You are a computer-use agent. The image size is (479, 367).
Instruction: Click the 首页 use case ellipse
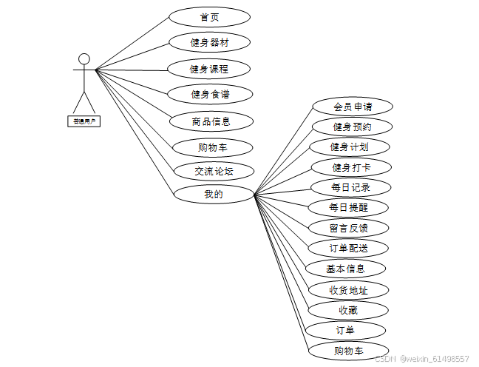coord(209,17)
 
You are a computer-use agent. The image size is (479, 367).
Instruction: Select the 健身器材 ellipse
coord(209,42)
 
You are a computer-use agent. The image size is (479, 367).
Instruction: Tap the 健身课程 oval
coord(209,69)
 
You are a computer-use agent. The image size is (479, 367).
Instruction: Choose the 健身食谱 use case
coord(210,94)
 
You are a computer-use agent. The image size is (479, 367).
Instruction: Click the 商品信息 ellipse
coord(211,121)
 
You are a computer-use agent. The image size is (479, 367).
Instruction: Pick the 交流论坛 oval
coord(214,171)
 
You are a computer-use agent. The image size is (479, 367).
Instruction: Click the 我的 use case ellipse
coord(214,195)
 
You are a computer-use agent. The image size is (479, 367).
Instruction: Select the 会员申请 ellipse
coord(352,107)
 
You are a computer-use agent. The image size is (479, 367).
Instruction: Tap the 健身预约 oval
coord(352,127)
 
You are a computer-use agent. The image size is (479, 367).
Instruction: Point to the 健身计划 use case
coord(349,147)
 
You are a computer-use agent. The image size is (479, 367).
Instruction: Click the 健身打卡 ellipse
coord(351,167)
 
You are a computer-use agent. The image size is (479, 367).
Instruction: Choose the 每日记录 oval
coord(351,187)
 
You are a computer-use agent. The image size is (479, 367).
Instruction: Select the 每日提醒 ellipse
coord(348,207)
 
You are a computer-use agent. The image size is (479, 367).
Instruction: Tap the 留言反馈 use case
coord(348,228)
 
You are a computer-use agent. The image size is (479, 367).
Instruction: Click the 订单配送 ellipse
coord(347,248)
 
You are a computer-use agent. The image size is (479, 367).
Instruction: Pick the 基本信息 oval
coord(345,268)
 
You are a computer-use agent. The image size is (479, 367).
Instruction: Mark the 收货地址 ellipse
coord(347,289)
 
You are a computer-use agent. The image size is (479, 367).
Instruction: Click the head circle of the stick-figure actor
coord(84,58)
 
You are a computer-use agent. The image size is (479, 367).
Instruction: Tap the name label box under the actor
coord(84,119)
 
